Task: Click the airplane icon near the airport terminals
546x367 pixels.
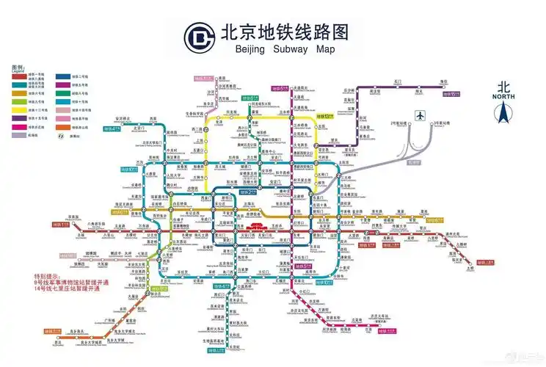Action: (x=420, y=115)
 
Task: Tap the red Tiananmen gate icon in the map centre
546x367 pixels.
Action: (x=253, y=228)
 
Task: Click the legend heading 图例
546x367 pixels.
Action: (x=18, y=67)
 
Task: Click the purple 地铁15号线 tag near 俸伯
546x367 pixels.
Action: (x=449, y=94)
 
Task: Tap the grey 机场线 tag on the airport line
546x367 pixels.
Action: (x=415, y=161)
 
